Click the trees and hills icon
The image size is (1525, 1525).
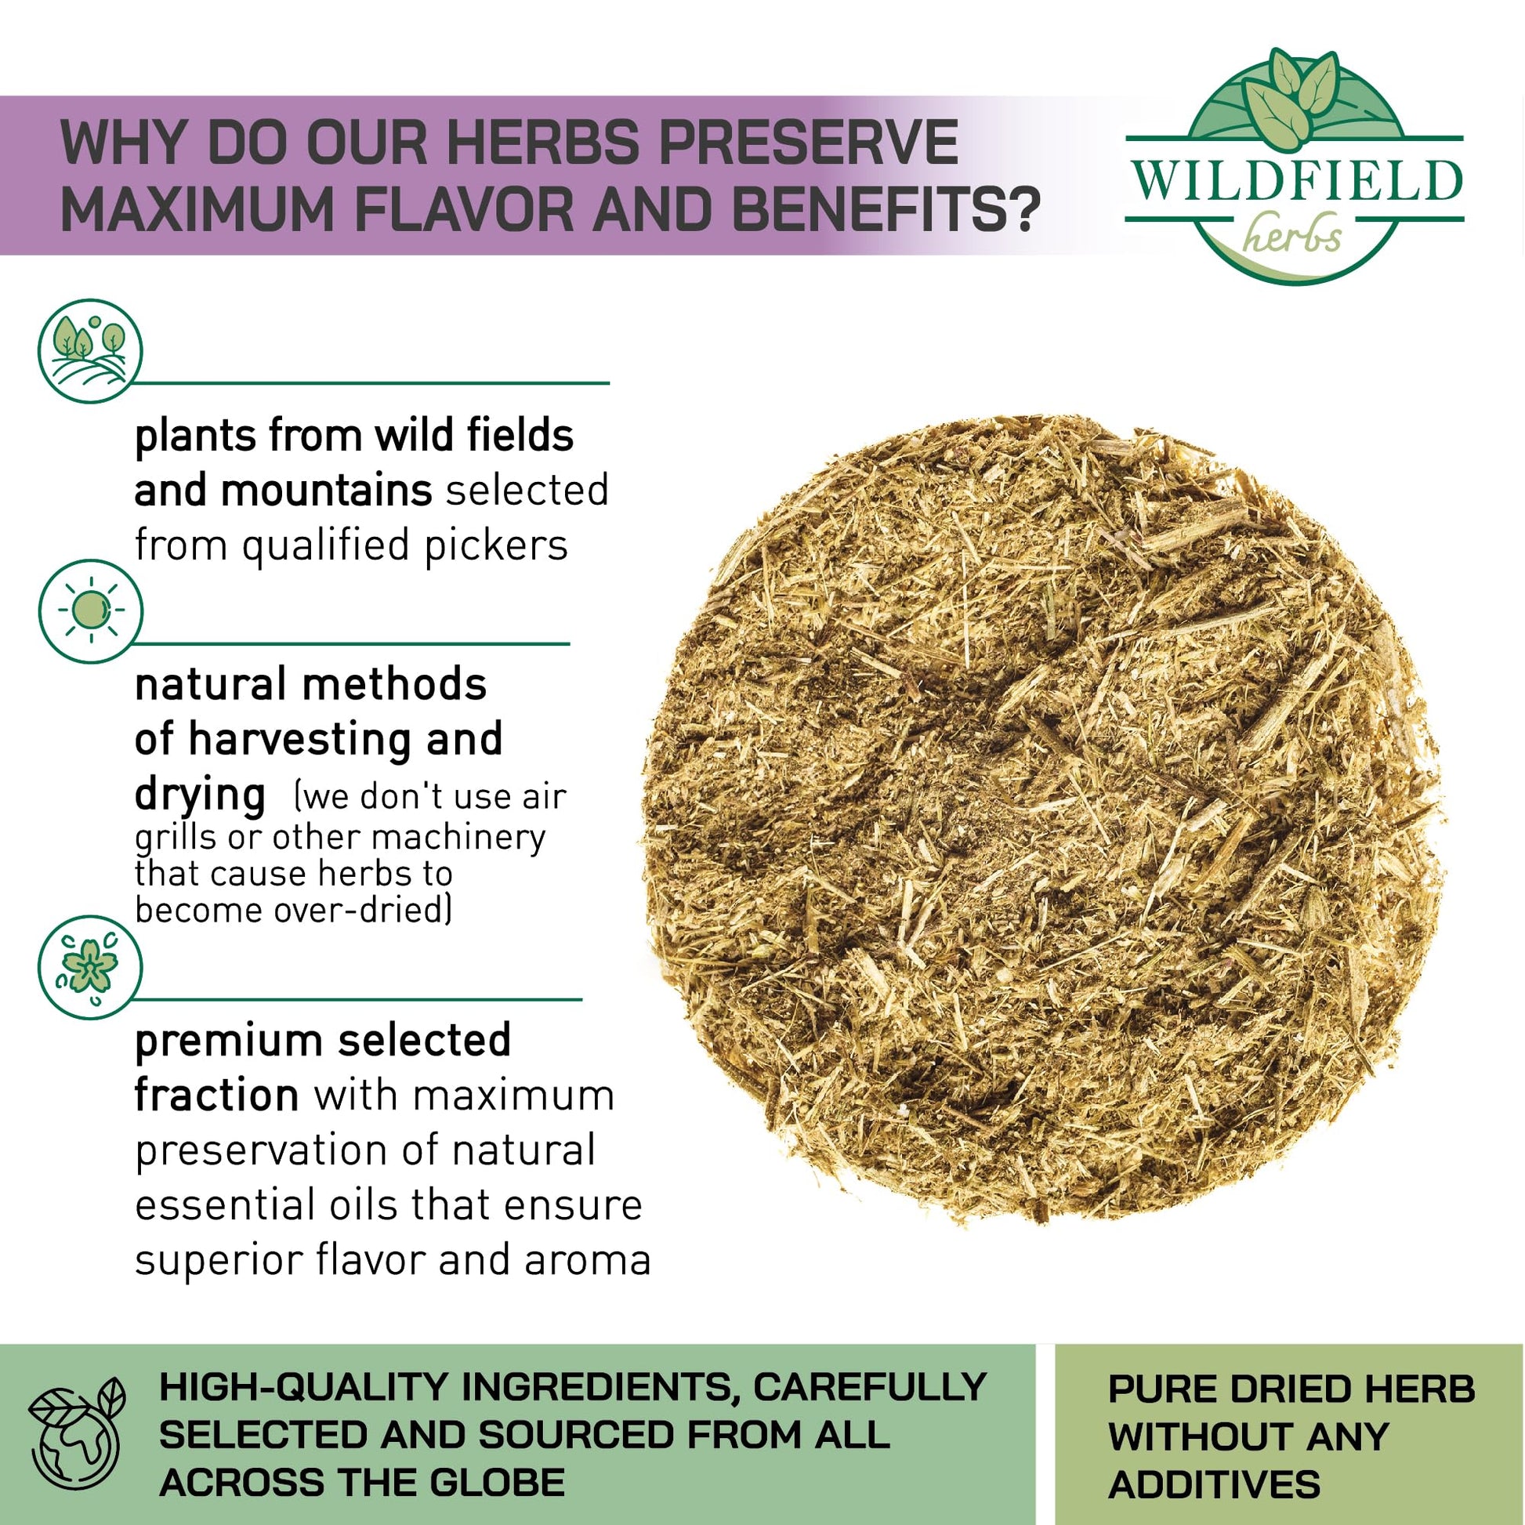(x=91, y=351)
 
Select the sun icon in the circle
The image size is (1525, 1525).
(x=91, y=610)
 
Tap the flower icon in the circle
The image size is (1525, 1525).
(x=91, y=967)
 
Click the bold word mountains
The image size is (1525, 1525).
(x=326, y=491)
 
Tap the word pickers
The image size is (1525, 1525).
(x=497, y=546)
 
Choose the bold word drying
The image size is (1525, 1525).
(x=200, y=795)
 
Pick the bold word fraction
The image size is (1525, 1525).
(x=216, y=1096)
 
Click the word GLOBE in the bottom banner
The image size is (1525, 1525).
(x=497, y=1482)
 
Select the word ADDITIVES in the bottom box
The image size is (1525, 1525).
(x=1214, y=1485)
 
